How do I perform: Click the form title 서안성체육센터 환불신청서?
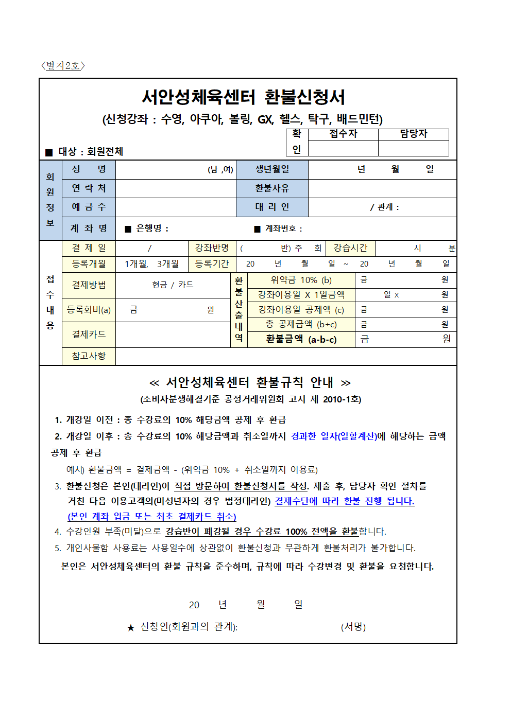pos(243,97)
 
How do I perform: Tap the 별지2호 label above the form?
pos(62,65)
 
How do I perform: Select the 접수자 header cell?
pos(343,134)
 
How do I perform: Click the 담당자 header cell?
pos(413,134)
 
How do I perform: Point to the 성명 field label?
pos(89,169)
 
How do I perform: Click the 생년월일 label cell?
pos(272,169)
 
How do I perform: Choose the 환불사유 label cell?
pos(272,188)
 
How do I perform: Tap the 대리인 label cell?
pos(272,207)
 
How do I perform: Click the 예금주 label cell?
pos(89,207)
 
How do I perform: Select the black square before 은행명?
pos(128,229)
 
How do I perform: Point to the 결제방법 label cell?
pos(89,285)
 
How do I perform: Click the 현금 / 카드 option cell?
pos(173,285)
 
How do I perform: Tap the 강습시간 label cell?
pos(350,248)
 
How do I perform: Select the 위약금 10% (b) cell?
pos(301,280)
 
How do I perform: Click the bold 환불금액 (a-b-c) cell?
pos(301,339)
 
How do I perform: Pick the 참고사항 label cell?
pos(89,356)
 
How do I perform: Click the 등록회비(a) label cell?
pos(89,310)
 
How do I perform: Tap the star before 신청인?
pos(131,627)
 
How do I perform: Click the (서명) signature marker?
pos(353,627)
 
